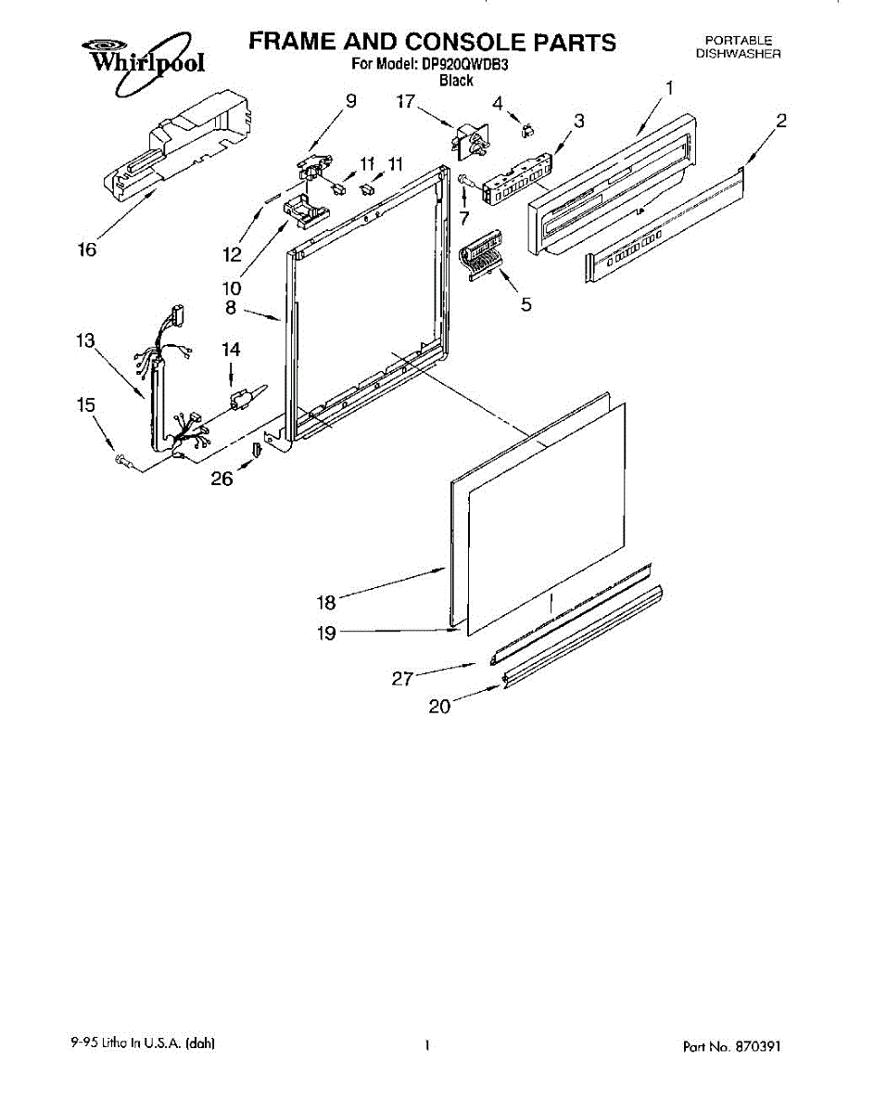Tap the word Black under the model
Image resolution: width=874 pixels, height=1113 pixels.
pyautogui.click(x=456, y=81)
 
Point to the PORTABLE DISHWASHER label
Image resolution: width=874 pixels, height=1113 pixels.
pyautogui.click(x=738, y=46)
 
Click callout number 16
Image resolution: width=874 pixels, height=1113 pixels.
pyautogui.click(x=86, y=249)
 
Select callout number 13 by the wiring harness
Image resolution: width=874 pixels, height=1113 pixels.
pyautogui.click(x=85, y=341)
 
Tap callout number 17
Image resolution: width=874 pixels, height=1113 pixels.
pyautogui.click(x=406, y=102)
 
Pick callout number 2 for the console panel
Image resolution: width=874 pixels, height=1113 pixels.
pyautogui.click(x=781, y=120)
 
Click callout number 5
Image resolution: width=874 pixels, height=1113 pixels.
pyautogui.click(x=526, y=303)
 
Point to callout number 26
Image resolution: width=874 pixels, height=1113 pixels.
pyautogui.click(x=222, y=479)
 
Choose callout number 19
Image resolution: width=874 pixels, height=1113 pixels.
pyautogui.click(x=326, y=633)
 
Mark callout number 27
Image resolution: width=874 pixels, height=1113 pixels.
pyautogui.click(x=401, y=679)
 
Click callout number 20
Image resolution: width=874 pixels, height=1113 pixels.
pyautogui.click(x=439, y=706)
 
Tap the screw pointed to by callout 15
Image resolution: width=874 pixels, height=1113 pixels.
pyautogui.click(x=121, y=458)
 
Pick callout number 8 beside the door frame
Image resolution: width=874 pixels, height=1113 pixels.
pyautogui.click(x=230, y=307)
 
